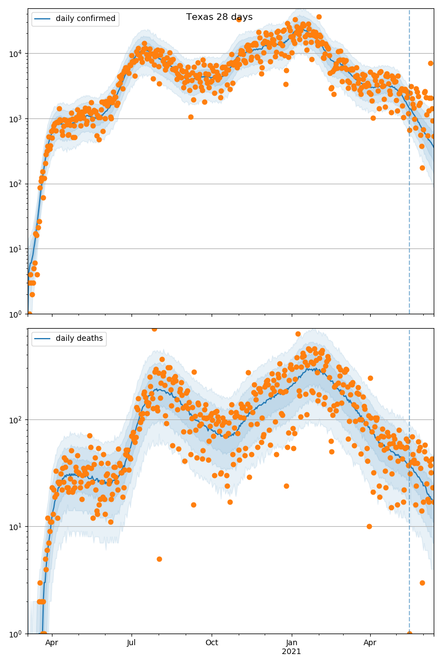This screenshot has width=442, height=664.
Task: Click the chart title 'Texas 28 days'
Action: (x=219, y=17)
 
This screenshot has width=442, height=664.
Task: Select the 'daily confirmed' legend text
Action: (x=85, y=19)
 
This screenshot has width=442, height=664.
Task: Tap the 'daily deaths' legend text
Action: (x=79, y=339)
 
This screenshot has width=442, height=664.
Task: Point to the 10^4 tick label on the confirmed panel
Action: (x=15, y=54)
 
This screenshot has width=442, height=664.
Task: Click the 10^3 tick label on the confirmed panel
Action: (x=15, y=119)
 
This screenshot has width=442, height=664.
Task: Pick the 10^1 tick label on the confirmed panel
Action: (x=15, y=249)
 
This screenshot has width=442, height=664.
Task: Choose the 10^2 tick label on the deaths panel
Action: (x=15, y=420)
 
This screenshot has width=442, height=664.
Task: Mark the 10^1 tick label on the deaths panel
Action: (x=15, y=527)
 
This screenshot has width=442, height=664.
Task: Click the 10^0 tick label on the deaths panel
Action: (x=15, y=633)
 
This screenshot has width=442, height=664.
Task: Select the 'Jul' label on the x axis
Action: (x=131, y=643)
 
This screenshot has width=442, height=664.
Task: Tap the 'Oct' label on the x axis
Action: (x=212, y=643)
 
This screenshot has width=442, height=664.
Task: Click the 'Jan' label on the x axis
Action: (x=292, y=643)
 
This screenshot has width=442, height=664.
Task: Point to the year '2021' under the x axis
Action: (x=292, y=652)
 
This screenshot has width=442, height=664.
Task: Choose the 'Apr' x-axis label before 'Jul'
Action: (x=52, y=643)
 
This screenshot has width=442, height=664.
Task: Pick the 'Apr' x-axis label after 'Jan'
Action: (x=370, y=643)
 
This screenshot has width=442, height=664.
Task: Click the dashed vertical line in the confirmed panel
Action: (x=409, y=166)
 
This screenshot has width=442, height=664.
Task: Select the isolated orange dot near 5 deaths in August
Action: (x=159, y=559)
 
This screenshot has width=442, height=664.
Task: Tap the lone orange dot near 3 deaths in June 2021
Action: (x=422, y=583)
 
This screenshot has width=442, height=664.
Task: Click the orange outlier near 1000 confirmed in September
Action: (x=191, y=117)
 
